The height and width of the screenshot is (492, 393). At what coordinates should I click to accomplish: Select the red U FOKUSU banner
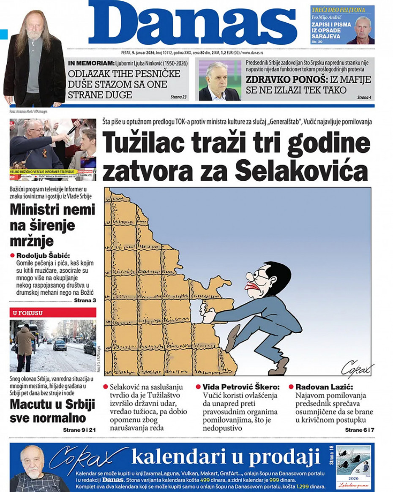point(53,313)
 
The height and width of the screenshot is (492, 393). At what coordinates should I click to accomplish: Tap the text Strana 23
point(178,97)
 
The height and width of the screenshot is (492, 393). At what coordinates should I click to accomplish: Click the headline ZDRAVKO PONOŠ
point(274,79)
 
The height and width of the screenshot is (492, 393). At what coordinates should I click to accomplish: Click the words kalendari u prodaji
point(225,457)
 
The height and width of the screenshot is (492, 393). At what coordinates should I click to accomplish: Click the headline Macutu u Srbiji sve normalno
point(52,411)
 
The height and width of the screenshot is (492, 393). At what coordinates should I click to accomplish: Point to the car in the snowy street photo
point(60,345)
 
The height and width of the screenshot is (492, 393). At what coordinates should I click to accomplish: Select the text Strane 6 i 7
point(359,430)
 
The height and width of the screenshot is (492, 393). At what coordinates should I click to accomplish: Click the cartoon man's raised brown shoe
point(231,338)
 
